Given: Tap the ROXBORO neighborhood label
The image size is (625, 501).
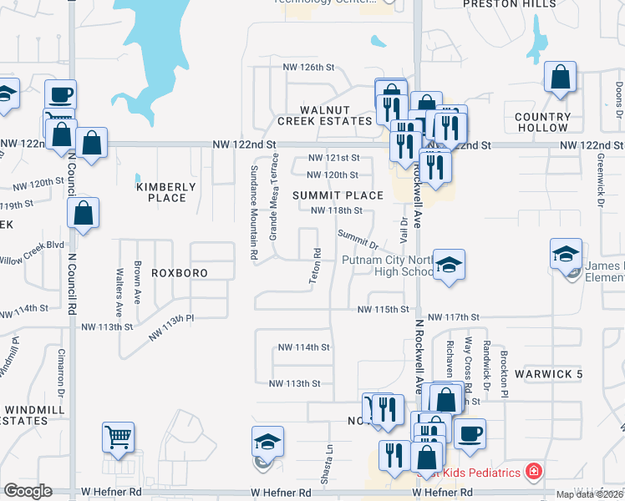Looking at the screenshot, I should [x=179, y=273].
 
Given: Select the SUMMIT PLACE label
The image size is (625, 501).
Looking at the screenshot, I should [x=338, y=195].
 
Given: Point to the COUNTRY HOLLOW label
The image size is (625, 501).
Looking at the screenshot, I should [x=541, y=123].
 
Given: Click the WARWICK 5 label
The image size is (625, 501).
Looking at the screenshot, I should [x=548, y=374].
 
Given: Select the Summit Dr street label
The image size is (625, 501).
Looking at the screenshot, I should [x=358, y=240].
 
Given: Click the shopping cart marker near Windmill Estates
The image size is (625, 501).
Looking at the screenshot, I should [x=118, y=436].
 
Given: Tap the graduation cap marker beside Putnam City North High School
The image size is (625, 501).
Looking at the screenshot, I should [x=450, y=266].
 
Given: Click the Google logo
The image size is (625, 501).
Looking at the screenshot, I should [x=28, y=491].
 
